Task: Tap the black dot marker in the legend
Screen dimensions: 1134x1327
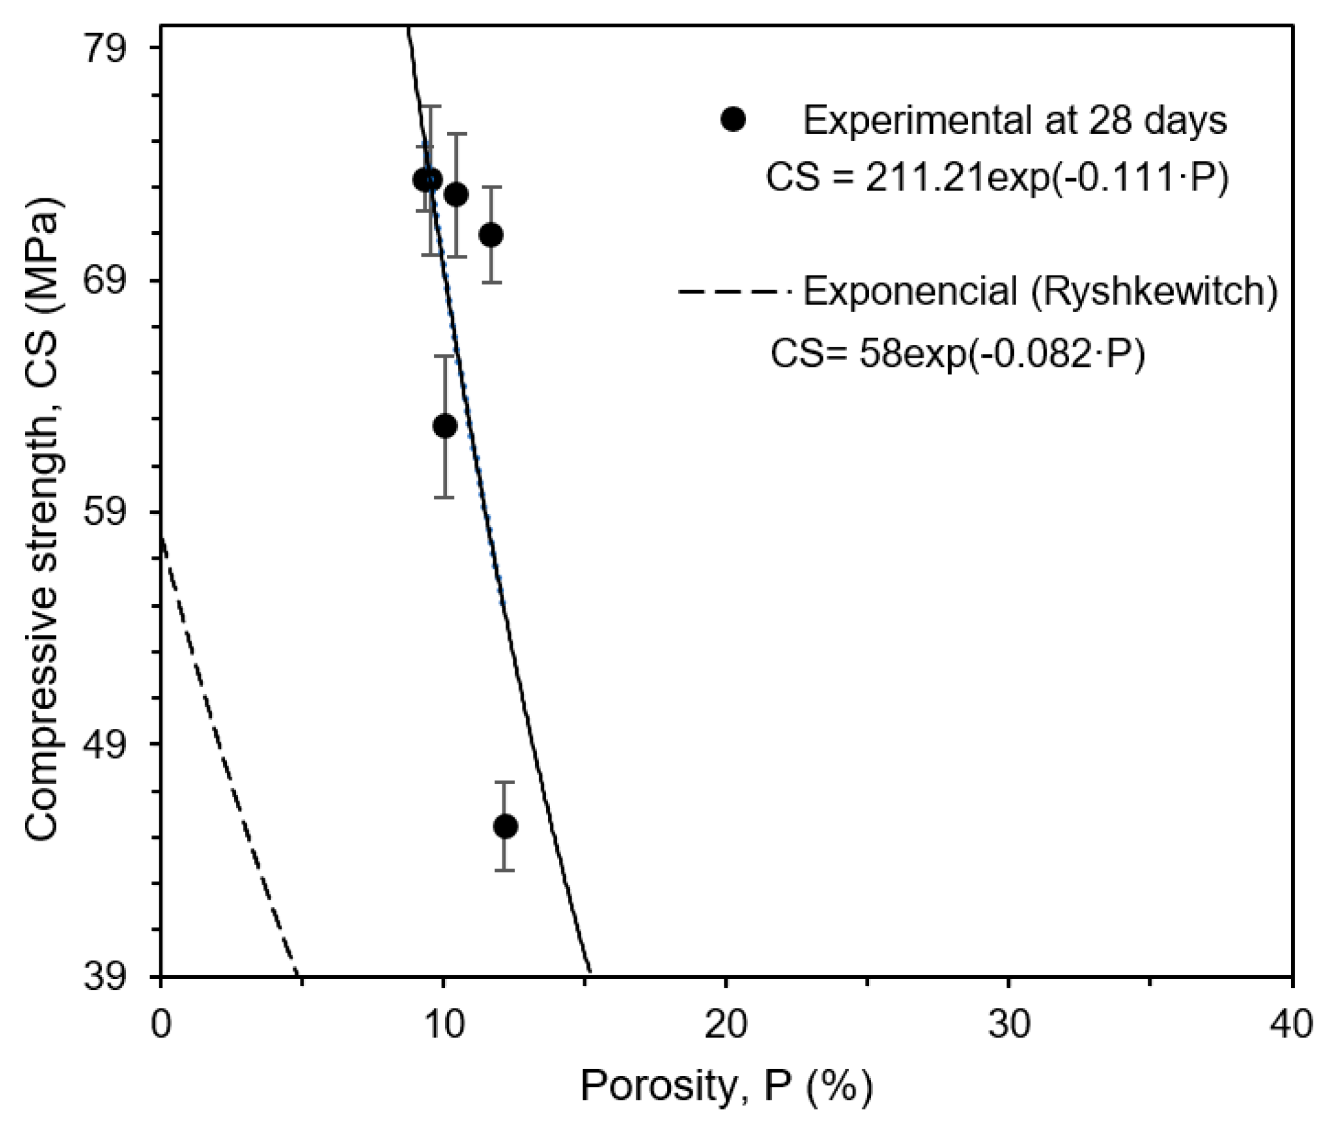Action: click(733, 119)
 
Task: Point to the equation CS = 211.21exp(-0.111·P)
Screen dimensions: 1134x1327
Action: click(997, 178)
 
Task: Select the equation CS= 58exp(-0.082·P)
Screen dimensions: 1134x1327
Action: click(957, 353)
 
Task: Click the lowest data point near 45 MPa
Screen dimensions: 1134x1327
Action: click(505, 827)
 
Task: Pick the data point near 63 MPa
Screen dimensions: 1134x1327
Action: click(445, 426)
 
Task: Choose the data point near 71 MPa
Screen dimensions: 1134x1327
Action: click(491, 235)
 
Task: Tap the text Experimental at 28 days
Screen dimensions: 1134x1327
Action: click(1014, 120)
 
